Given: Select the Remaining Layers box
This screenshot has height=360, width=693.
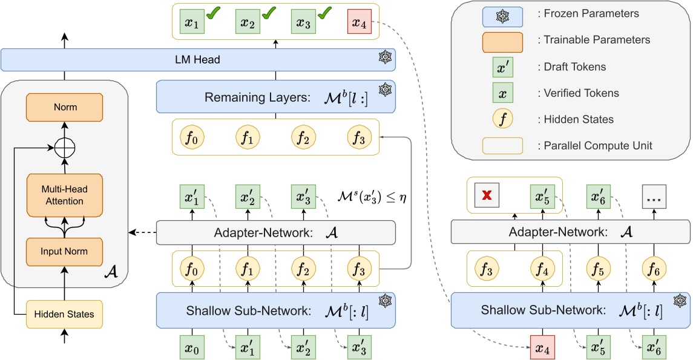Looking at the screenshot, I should tap(275, 97).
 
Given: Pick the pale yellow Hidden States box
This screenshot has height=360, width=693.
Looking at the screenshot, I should tap(64, 314).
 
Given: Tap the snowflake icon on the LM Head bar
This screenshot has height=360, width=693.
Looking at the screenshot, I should tap(384, 59).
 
